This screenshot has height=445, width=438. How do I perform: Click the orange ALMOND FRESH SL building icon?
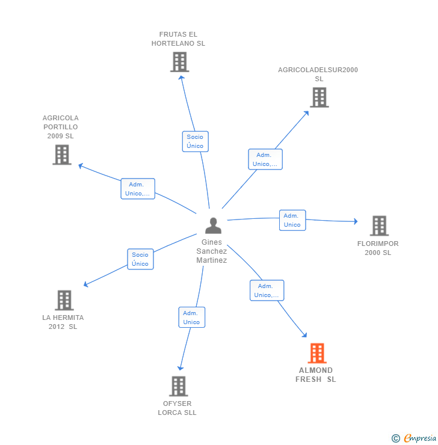point(317,353)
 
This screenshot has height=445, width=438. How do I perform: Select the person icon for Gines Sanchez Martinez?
point(213,226)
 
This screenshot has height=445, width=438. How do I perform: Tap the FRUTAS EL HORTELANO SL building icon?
point(179,62)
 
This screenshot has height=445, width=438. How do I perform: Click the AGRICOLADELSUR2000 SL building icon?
point(319,97)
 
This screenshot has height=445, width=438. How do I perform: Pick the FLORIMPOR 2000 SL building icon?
point(378,226)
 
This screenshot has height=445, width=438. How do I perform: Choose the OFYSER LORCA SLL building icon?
point(178,386)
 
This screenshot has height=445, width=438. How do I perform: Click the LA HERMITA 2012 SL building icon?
point(64,300)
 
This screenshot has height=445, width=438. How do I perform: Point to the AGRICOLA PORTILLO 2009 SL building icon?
point(62,155)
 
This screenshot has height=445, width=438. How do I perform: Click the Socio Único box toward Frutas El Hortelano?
point(195,141)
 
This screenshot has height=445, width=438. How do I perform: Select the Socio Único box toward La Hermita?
point(140,259)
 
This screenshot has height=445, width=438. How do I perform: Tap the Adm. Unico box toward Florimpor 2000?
point(292,220)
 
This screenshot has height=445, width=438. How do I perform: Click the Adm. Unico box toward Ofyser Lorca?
point(191,318)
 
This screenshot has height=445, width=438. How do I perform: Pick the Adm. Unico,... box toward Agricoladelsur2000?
point(265,159)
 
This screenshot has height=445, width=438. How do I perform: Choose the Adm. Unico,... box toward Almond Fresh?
point(267,290)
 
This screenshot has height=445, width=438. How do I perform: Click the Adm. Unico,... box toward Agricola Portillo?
point(138,189)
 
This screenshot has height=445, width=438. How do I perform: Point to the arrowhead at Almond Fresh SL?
point(304,336)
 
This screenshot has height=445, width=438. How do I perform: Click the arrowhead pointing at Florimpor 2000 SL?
point(356,222)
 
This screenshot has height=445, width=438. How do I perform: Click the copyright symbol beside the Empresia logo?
point(396,438)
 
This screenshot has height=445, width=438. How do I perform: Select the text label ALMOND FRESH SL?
point(316,375)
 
